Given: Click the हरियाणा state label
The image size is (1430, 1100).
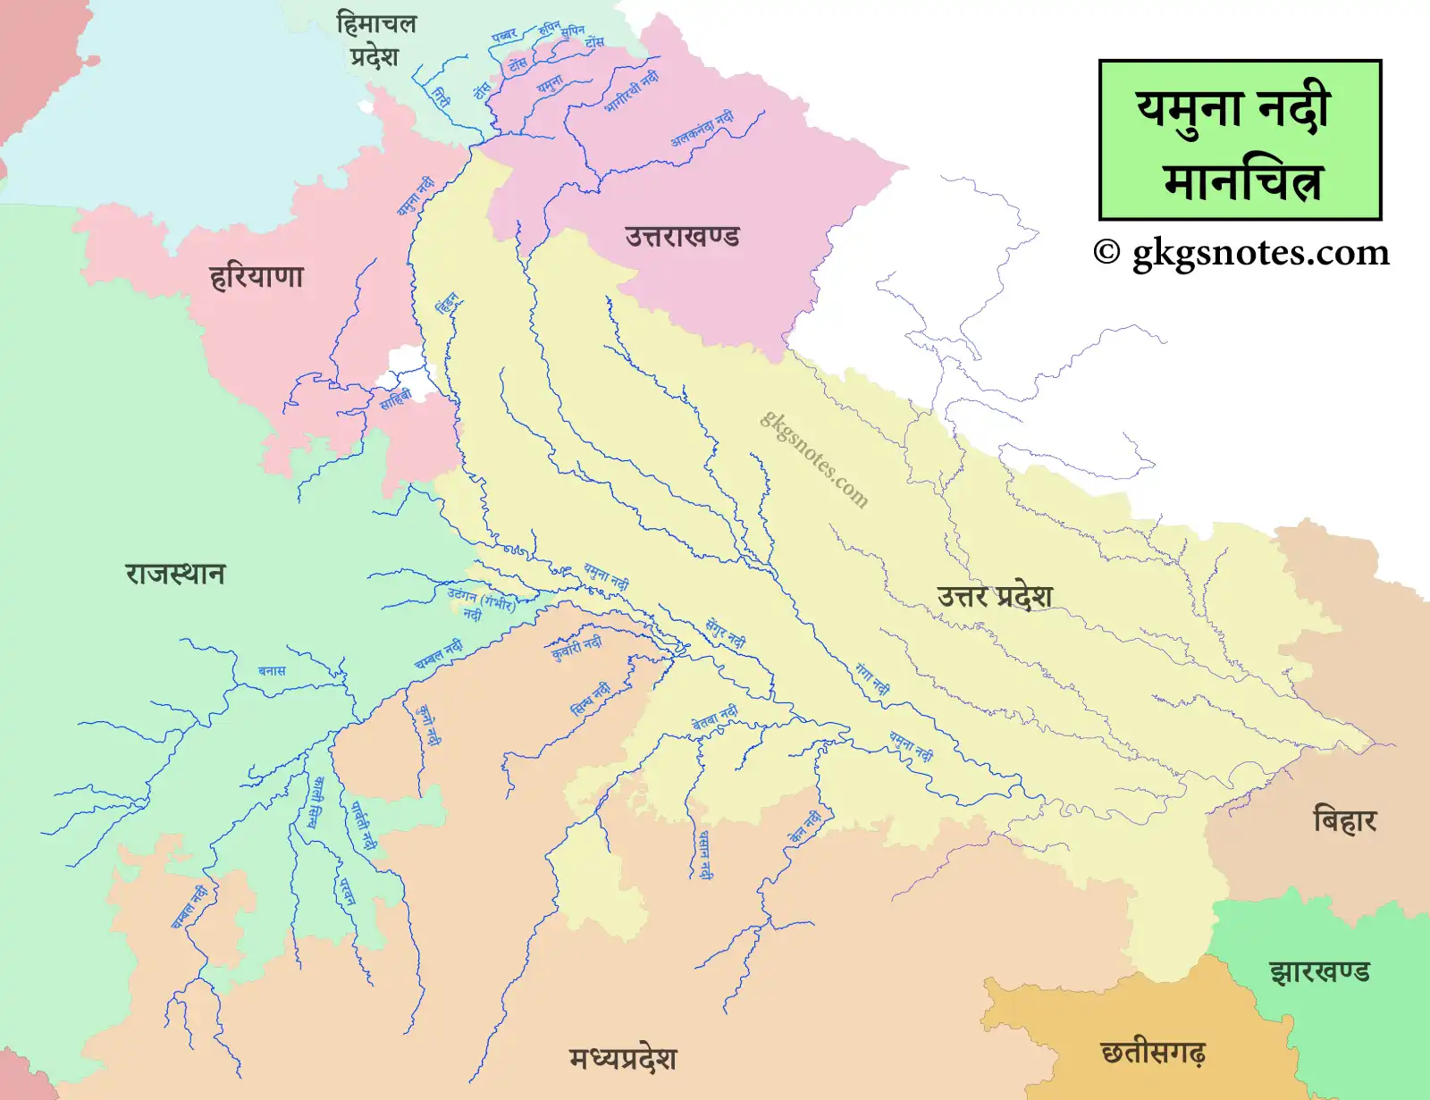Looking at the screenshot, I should click(x=257, y=276).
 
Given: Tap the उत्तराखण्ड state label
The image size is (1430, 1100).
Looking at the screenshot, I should click(x=682, y=237).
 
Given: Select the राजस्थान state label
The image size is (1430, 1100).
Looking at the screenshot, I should click(x=175, y=573).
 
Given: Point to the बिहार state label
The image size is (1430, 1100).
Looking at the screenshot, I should click(x=1344, y=819).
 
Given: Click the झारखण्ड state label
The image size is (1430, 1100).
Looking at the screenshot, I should click(x=1319, y=970).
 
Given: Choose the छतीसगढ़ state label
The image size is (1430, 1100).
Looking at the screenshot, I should click(x=1153, y=1053).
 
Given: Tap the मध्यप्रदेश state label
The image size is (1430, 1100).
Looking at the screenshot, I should click(x=623, y=1059).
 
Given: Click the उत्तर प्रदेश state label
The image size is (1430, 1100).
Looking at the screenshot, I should click(x=995, y=596).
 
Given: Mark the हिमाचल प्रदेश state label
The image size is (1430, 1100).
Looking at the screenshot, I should click(x=376, y=39).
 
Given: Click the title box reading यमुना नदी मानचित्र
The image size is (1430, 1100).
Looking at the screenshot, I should click(x=1240, y=140).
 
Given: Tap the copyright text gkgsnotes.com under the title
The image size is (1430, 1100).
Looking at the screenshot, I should click(x=1241, y=253).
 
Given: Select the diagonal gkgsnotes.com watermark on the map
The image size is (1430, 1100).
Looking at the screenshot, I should click(x=814, y=459).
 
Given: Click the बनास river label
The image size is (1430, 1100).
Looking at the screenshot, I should click(x=272, y=670).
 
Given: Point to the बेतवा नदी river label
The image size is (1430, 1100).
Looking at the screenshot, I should click(x=715, y=718).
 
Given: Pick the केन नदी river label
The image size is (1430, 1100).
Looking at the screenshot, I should click(x=804, y=827).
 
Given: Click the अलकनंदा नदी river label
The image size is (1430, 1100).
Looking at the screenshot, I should click(x=702, y=129).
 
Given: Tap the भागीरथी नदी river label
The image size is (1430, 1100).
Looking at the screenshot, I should click(x=631, y=91).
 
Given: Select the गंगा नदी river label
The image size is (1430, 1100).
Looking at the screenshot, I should click(x=872, y=679).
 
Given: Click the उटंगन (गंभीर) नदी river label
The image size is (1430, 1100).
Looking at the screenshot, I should click(x=481, y=602).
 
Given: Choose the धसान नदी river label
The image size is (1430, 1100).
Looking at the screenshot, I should click(x=705, y=854).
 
